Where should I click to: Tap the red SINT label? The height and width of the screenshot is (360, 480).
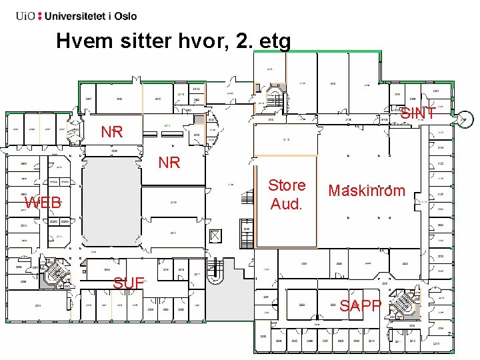click(x=418, y=114)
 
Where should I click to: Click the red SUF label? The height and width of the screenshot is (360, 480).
click(x=129, y=283)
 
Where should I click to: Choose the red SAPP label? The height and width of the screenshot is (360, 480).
click(x=361, y=306)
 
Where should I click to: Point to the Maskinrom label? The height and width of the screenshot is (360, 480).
click(x=367, y=191)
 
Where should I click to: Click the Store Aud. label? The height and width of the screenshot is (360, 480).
click(x=287, y=195)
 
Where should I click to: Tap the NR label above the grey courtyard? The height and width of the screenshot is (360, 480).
click(x=111, y=132)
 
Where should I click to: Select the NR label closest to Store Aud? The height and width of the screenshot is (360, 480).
click(x=169, y=162)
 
